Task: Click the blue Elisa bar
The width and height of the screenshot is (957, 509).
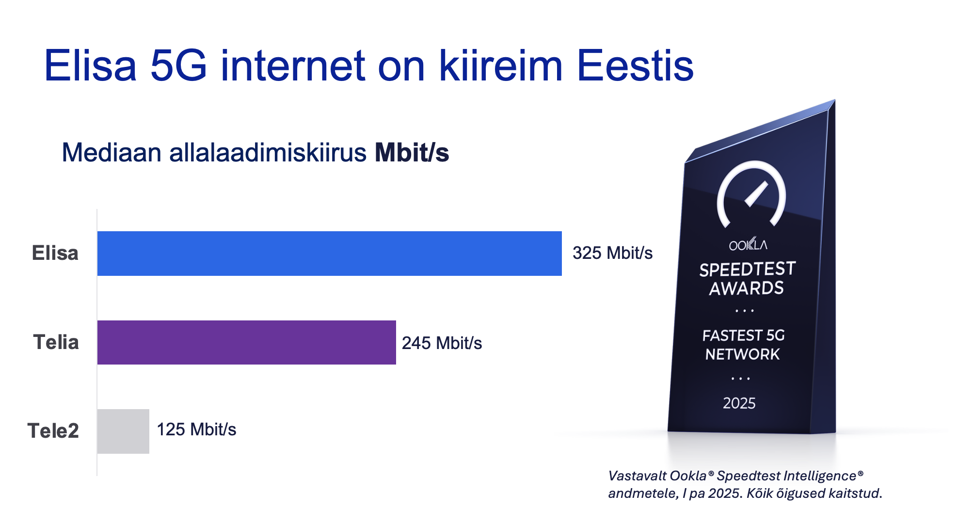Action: [330, 254]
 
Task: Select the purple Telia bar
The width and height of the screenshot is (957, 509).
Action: [247, 342]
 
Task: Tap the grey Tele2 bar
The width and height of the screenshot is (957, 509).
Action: [123, 431]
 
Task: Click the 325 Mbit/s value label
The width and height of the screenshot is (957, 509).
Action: [613, 253]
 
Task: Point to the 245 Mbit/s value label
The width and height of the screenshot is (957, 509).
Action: [442, 343]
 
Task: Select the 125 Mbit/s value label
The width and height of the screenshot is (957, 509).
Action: [197, 429]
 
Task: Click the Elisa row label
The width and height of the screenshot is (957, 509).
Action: [55, 253]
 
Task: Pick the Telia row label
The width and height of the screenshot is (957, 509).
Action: [56, 342]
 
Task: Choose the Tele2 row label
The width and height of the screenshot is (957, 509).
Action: [53, 431]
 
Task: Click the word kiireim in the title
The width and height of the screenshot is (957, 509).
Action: [501, 65]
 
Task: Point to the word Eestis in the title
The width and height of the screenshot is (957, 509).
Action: [636, 65]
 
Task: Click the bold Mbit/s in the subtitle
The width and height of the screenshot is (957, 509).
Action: [412, 153]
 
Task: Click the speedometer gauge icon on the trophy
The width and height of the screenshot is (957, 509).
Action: [751, 194]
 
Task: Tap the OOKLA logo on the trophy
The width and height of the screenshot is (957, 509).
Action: [748, 244]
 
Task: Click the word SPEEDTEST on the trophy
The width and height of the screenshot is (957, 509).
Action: [748, 270]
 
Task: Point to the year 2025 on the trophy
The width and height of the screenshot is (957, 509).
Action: [739, 403]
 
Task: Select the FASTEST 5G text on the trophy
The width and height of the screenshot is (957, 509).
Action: [744, 335]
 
